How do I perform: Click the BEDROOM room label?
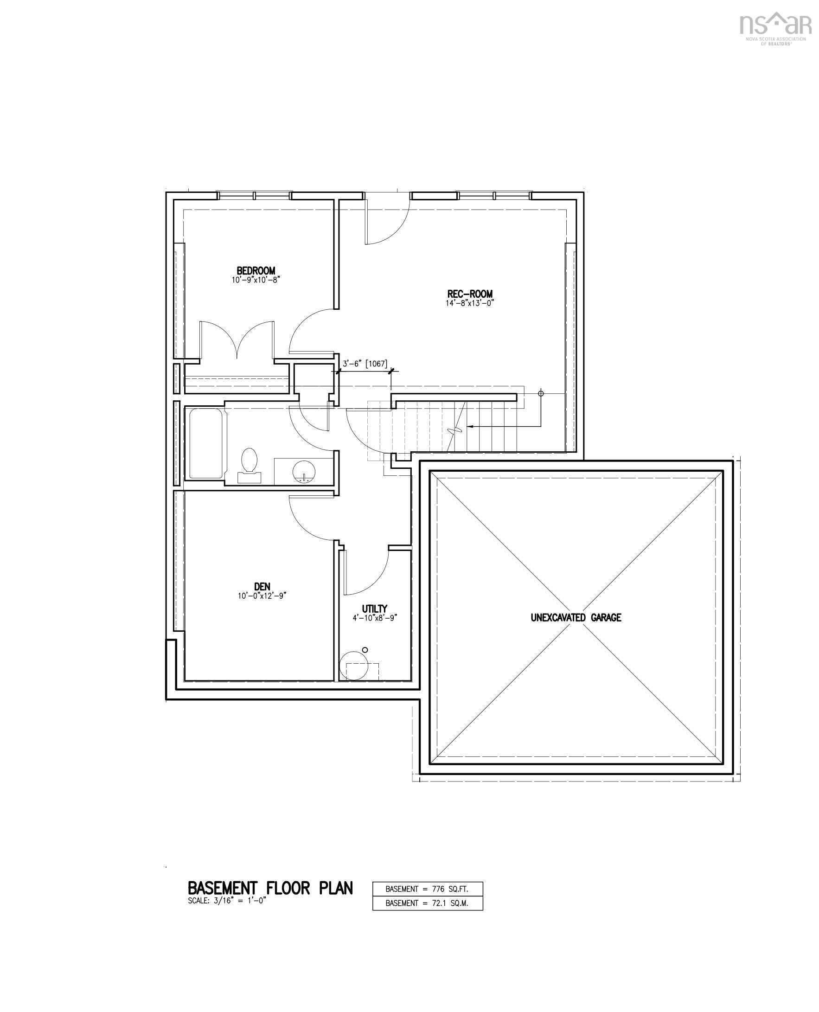click(x=256, y=271)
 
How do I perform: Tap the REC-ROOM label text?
click(x=469, y=294)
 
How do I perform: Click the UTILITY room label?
click(x=375, y=608)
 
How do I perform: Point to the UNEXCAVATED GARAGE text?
click(x=576, y=618)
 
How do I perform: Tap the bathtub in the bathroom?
click(x=206, y=443)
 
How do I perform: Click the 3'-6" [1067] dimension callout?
click(x=365, y=364)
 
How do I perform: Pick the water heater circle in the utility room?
click(x=354, y=666)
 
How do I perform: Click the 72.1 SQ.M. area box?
click(x=428, y=903)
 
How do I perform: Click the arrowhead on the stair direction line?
click(x=469, y=427)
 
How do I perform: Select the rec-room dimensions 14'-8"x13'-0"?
click(x=469, y=303)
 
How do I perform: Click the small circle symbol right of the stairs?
click(x=541, y=393)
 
